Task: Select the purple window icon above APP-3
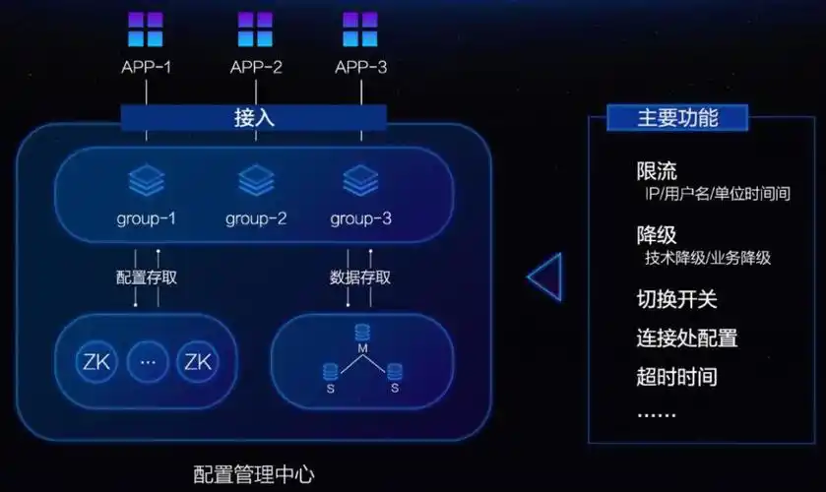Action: pos(359,30)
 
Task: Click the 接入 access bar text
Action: pos(254,118)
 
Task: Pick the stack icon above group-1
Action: pos(146,181)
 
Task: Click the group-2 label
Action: pos(256,218)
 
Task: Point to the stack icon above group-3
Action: pos(360,181)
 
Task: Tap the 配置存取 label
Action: pos(147,277)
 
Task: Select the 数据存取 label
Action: pos(360,277)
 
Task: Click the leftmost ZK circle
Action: pos(97,362)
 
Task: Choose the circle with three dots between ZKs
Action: pos(148,362)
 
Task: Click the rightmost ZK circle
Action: pos(198,362)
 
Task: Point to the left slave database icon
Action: pos(330,371)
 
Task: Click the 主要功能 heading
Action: pos(677,118)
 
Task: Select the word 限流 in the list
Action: pos(657,171)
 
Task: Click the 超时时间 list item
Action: pos(676,377)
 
